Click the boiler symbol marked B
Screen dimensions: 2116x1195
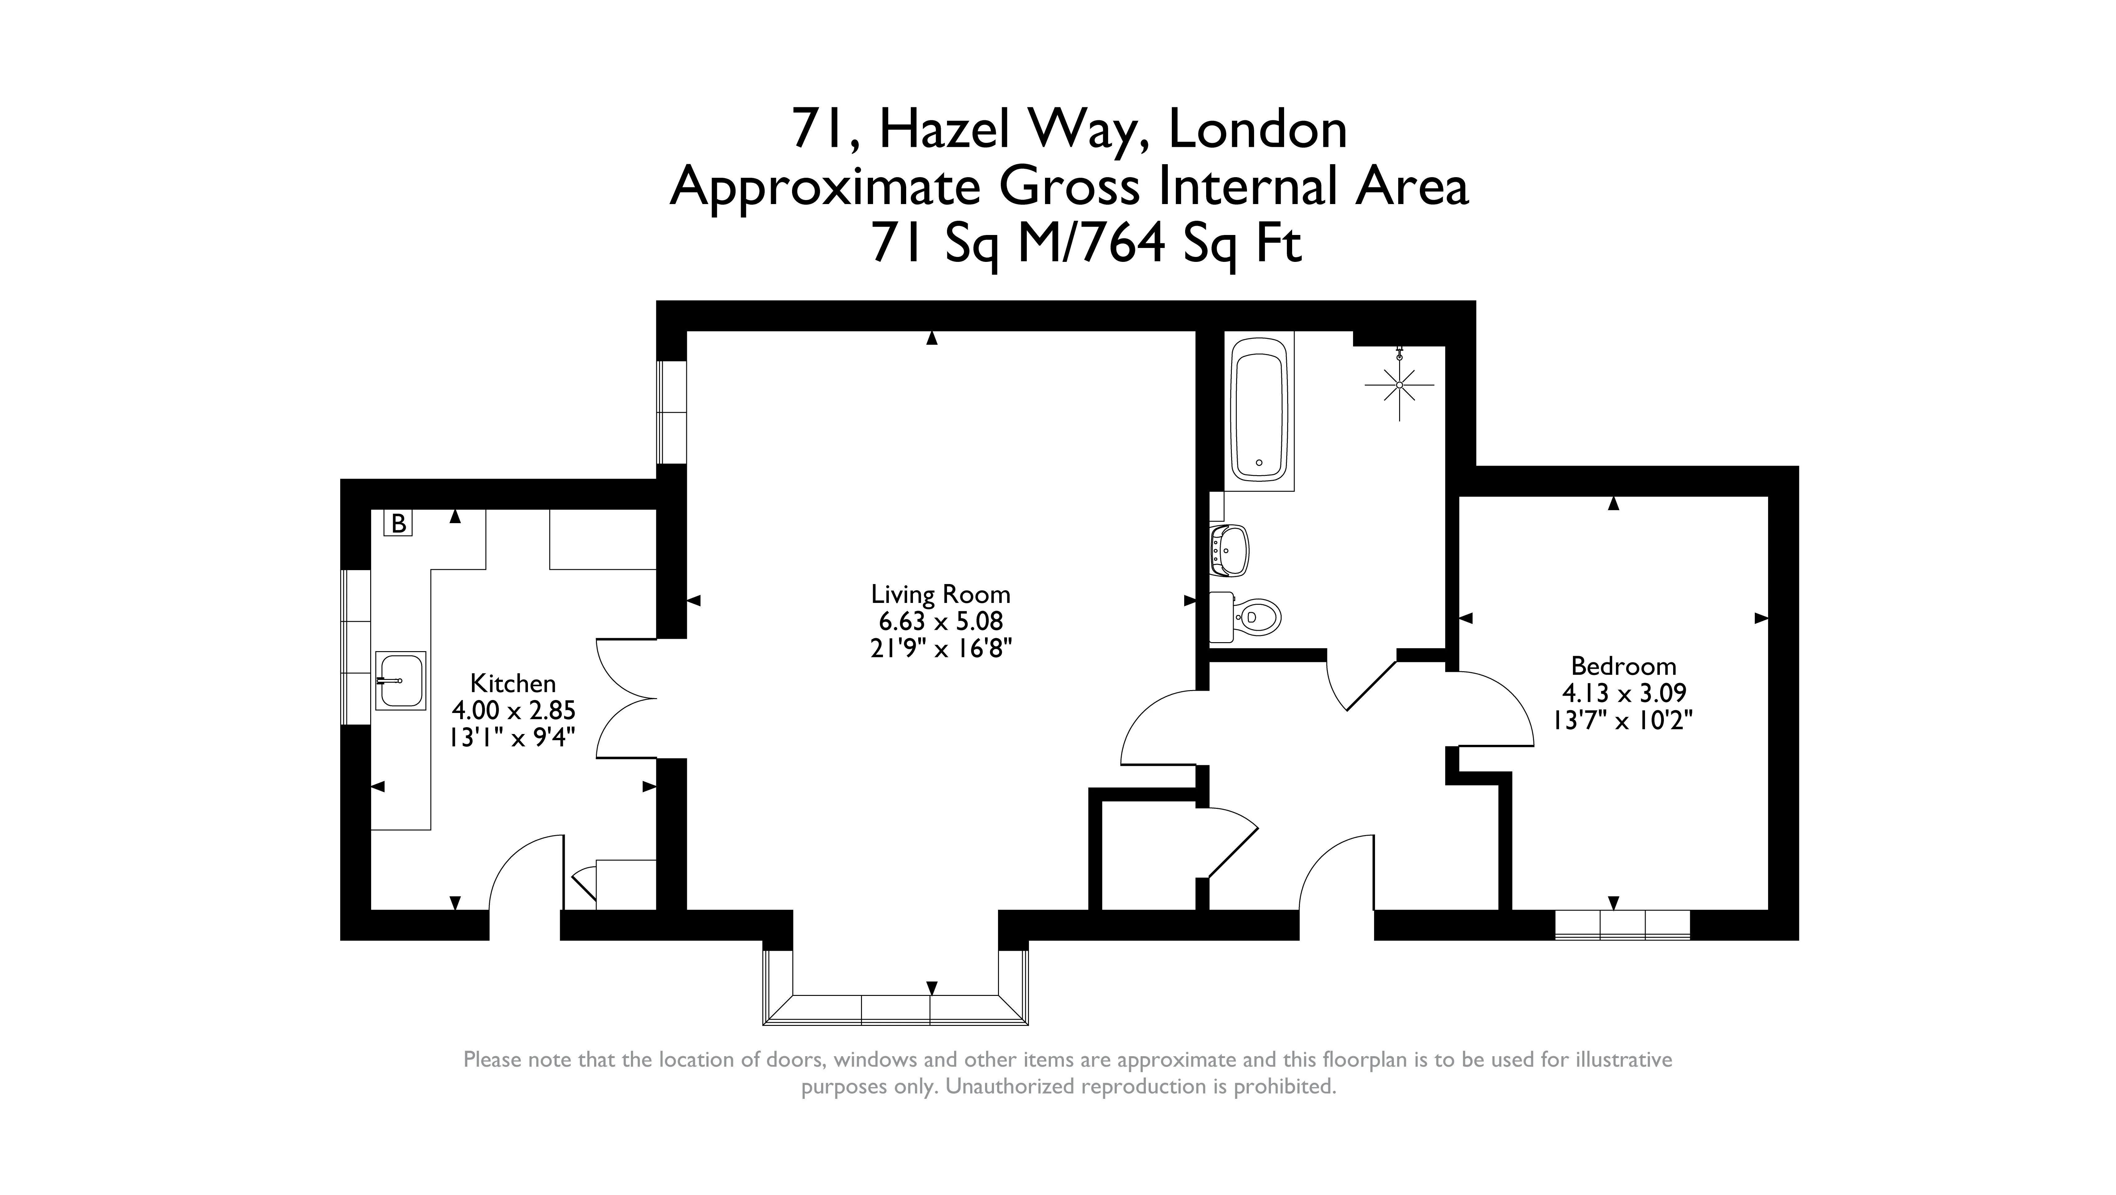[x=398, y=523]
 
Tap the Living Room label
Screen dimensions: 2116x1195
[x=940, y=594]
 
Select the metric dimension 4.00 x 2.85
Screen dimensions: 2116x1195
[x=512, y=710]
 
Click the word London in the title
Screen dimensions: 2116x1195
[x=1257, y=130]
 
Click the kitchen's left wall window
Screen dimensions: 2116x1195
[x=356, y=647]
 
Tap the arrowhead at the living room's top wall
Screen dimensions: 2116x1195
[x=932, y=338]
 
